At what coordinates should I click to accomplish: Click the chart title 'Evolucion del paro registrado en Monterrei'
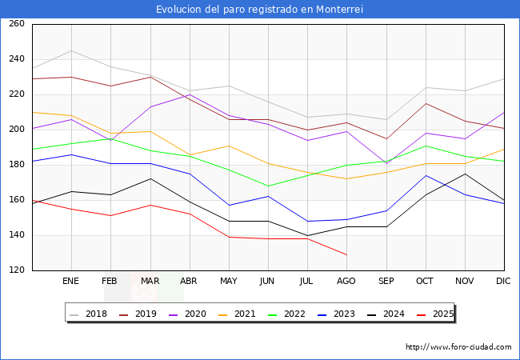[x=260, y=10]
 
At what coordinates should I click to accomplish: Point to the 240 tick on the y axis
[x=17, y=59]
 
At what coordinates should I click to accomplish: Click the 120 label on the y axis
[x=17, y=270]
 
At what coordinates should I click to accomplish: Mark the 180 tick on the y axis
[x=17, y=165]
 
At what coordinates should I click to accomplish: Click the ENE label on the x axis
[x=71, y=282]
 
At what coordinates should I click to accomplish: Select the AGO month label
[x=346, y=282]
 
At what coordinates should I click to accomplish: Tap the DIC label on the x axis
[x=503, y=282]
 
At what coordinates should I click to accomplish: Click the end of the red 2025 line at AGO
[x=346, y=254]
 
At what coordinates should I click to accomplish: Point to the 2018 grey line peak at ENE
[x=71, y=50]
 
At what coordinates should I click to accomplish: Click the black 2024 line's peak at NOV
[x=465, y=174]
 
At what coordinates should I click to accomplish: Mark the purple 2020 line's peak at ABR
[x=190, y=94]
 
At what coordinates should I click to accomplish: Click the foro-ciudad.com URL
[x=458, y=347]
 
